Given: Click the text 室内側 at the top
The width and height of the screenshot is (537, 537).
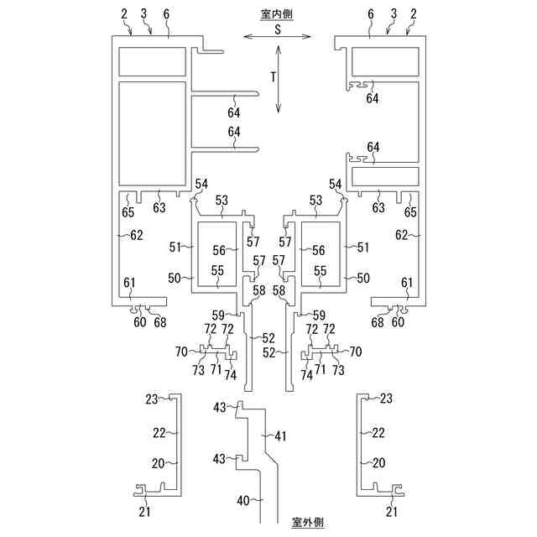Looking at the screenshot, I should [276, 14].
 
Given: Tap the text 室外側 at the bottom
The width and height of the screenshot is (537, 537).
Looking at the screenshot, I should [307, 522].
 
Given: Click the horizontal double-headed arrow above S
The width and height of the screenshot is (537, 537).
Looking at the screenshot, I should [276, 36].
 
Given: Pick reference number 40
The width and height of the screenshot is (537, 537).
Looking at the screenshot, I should [243, 501].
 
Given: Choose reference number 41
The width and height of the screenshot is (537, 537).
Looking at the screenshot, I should [279, 436].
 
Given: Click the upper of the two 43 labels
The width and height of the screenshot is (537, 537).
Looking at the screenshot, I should [220, 407].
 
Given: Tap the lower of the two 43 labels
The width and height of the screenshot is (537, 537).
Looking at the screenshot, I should [220, 458].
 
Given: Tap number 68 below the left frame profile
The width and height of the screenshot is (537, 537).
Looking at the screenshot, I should [159, 322].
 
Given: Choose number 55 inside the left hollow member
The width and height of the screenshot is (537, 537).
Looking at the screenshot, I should [217, 271].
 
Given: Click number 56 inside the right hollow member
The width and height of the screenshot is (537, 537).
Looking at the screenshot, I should [318, 250].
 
